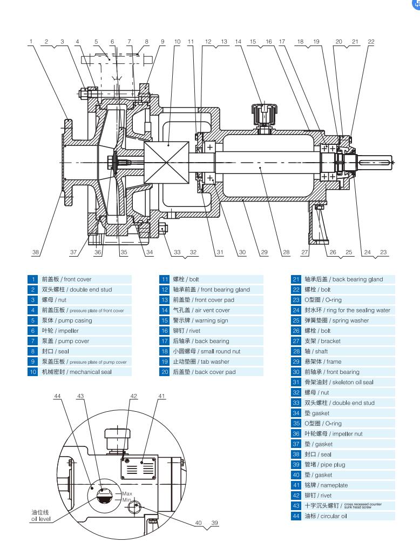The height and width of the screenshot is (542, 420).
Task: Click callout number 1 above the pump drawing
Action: (31, 42)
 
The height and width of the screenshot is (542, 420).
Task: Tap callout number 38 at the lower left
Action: (36, 252)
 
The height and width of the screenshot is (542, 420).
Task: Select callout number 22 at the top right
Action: (371, 42)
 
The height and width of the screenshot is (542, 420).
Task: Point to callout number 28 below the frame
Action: (286, 252)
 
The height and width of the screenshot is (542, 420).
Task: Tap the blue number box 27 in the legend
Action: (296, 341)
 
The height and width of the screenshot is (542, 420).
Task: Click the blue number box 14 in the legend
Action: (164, 310)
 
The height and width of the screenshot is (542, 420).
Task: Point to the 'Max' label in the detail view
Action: (127, 493)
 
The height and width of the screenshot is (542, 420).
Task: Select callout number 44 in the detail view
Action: (58, 396)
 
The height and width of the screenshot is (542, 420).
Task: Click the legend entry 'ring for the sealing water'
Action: (347, 310)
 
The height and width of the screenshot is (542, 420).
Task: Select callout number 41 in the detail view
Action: (161, 396)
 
